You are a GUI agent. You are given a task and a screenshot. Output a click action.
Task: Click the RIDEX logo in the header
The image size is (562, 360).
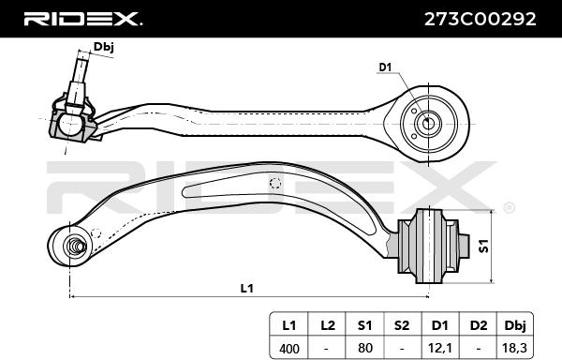click(81, 18)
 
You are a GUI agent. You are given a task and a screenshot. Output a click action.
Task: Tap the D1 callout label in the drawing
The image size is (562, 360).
click(385, 67)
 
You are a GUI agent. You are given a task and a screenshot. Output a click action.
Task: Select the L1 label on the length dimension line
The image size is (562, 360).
click(246, 288)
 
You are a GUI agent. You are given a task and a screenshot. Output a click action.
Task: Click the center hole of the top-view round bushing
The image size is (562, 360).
click(428, 122)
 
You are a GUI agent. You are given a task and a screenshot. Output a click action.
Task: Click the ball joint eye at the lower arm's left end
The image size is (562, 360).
click(71, 247)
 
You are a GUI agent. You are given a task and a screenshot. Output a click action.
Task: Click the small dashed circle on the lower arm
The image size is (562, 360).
click(274, 184)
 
